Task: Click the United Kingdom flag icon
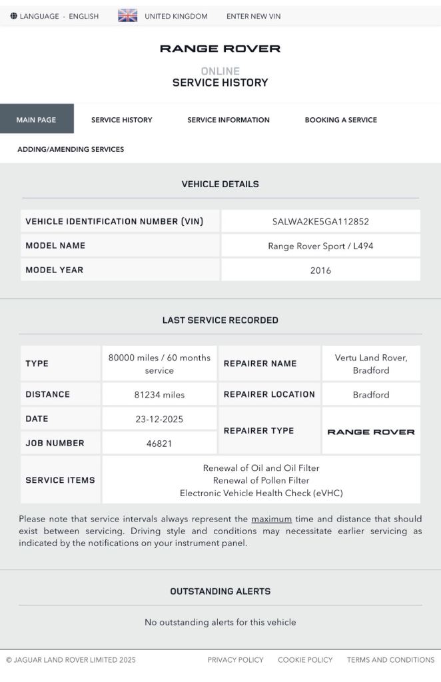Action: (x=127, y=16)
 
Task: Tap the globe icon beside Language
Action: (x=14, y=16)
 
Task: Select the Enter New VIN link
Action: (x=253, y=16)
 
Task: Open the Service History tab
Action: (x=122, y=120)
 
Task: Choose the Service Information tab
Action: (x=228, y=120)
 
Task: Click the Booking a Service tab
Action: (x=340, y=120)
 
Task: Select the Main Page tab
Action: (x=37, y=120)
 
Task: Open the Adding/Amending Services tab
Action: (x=71, y=149)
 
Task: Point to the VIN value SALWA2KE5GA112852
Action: (x=320, y=222)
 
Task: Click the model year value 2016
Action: (x=320, y=270)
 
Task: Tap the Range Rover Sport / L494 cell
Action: (x=320, y=246)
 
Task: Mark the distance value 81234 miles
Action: (x=159, y=395)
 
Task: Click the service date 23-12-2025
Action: (x=159, y=420)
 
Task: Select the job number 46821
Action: (x=159, y=444)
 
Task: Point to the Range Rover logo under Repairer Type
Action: (x=371, y=432)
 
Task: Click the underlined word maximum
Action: (x=271, y=519)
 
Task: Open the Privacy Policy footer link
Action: (x=235, y=660)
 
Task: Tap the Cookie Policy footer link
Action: (x=305, y=660)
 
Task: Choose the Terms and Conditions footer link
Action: (x=390, y=660)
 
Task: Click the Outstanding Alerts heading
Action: (x=220, y=591)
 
